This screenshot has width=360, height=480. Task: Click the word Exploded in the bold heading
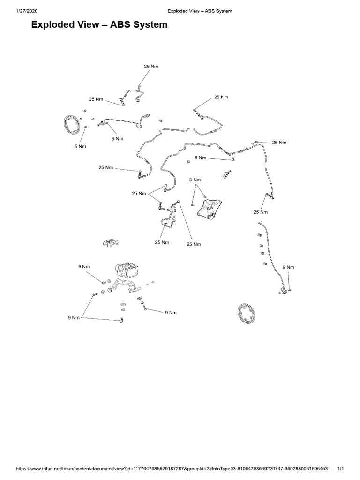[52, 25]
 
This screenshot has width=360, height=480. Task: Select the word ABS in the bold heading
[115, 25]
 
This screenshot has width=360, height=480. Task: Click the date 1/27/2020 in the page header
[14, 11]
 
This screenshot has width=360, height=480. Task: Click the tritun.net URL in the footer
[169, 468]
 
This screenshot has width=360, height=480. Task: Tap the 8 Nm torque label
[200, 158]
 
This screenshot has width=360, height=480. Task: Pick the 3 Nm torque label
[195, 180]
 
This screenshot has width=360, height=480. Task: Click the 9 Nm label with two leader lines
[75, 318]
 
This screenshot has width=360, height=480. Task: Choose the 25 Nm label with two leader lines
[139, 193]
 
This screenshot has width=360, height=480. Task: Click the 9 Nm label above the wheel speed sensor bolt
[289, 267]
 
